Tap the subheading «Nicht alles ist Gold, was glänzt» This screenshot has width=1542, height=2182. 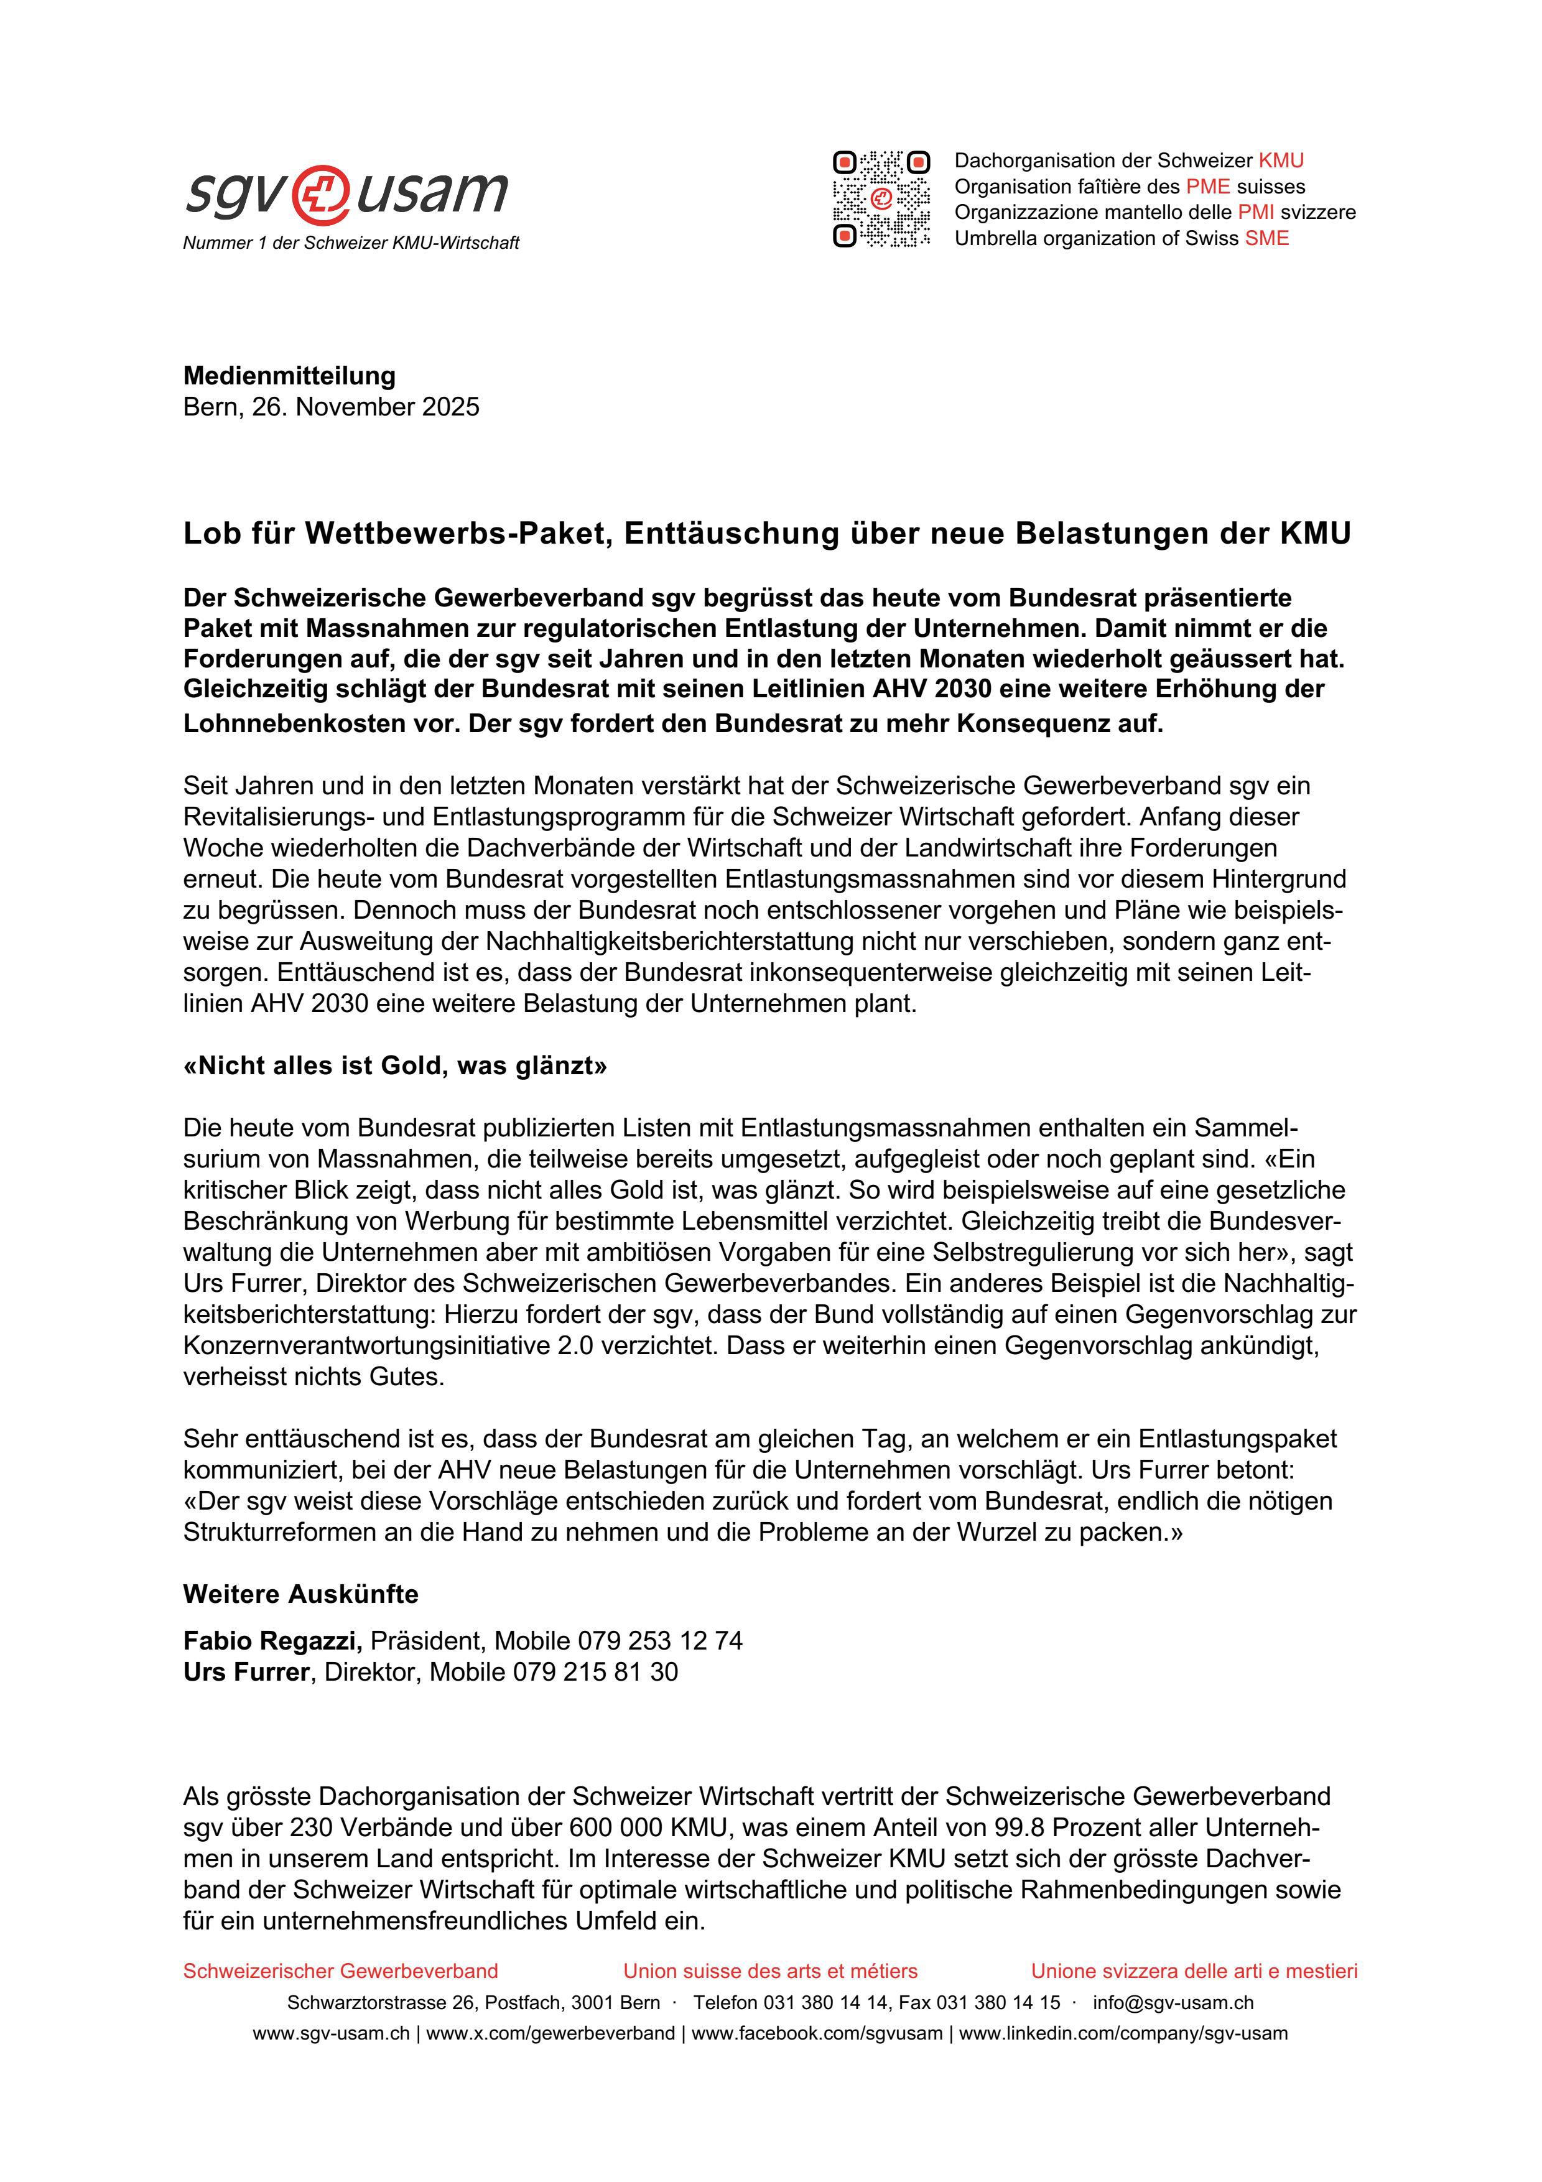(395, 1066)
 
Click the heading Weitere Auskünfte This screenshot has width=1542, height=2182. (300, 1594)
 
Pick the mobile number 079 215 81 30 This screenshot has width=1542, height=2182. (596, 1673)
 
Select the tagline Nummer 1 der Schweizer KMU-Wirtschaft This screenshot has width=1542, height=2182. (351, 243)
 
